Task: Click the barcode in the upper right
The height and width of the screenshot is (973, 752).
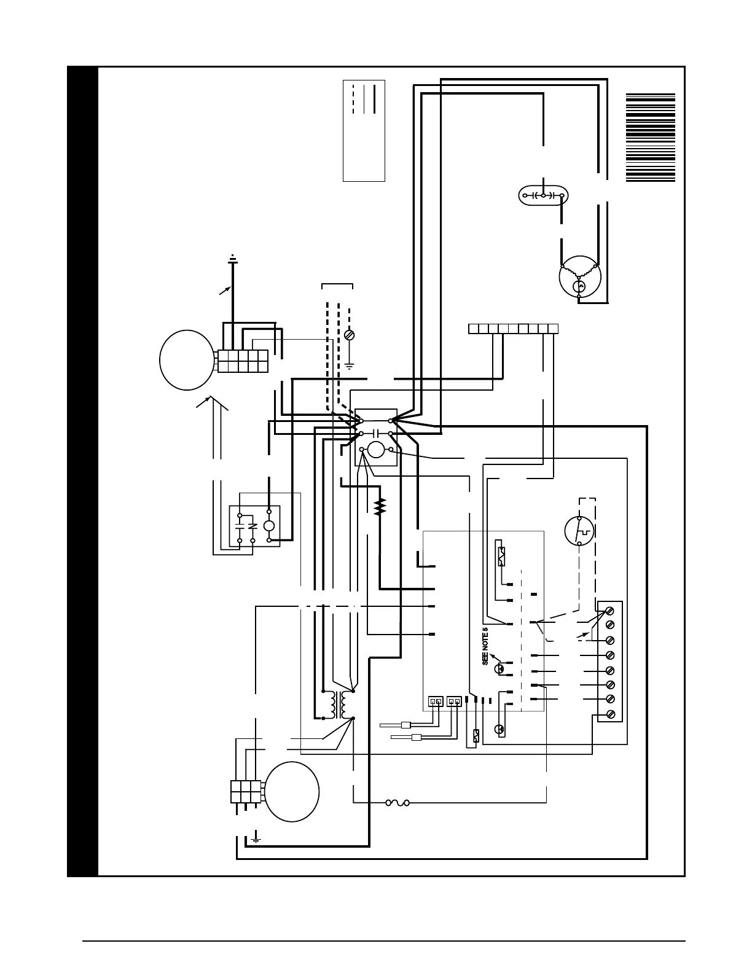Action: (650, 138)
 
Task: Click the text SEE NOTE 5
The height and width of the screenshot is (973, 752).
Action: (485, 646)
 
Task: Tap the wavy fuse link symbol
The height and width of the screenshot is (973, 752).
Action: (397, 802)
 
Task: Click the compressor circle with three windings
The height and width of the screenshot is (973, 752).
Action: (579, 277)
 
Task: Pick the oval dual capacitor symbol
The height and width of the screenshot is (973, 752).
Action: (543, 195)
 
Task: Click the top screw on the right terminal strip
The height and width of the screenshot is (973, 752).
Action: (611, 611)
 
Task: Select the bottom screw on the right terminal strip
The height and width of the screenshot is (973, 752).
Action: (611, 714)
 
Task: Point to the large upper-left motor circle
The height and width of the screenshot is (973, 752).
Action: (187, 360)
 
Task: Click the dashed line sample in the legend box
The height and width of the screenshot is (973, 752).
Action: (353, 98)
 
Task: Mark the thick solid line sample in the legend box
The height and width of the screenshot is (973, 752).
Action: (374, 98)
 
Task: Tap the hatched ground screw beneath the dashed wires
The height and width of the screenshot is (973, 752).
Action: (349, 335)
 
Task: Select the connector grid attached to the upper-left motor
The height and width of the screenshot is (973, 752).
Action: (243, 361)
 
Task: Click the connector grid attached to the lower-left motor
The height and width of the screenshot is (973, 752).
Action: (246, 791)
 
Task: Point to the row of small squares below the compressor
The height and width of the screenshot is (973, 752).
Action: (513, 329)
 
